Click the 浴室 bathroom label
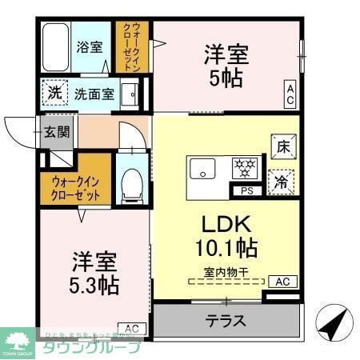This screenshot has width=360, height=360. tap(89, 46)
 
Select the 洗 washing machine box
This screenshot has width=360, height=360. tap(54, 93)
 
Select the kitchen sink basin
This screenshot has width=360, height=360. tap(202, 169)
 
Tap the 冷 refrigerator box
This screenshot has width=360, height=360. tap(282, 181)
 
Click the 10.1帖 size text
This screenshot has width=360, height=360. tap(228, 244)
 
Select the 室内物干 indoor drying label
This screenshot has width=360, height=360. tap(226, 272)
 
